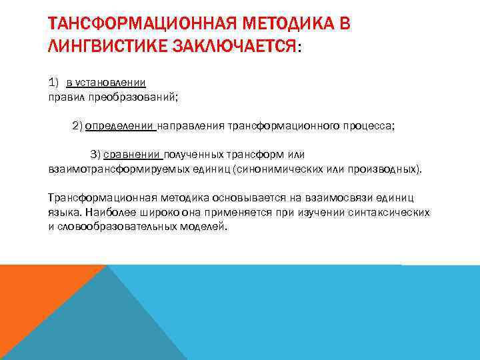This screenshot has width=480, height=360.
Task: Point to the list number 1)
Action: pyautogui.click(x=54, y=82)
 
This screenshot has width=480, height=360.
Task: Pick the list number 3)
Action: pyautogui.click(x=95, y=154)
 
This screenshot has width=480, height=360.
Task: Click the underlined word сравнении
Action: pyautogui.click(x=133, y=154)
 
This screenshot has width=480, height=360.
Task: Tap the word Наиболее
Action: pyautogui.click(x=108, y=212)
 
